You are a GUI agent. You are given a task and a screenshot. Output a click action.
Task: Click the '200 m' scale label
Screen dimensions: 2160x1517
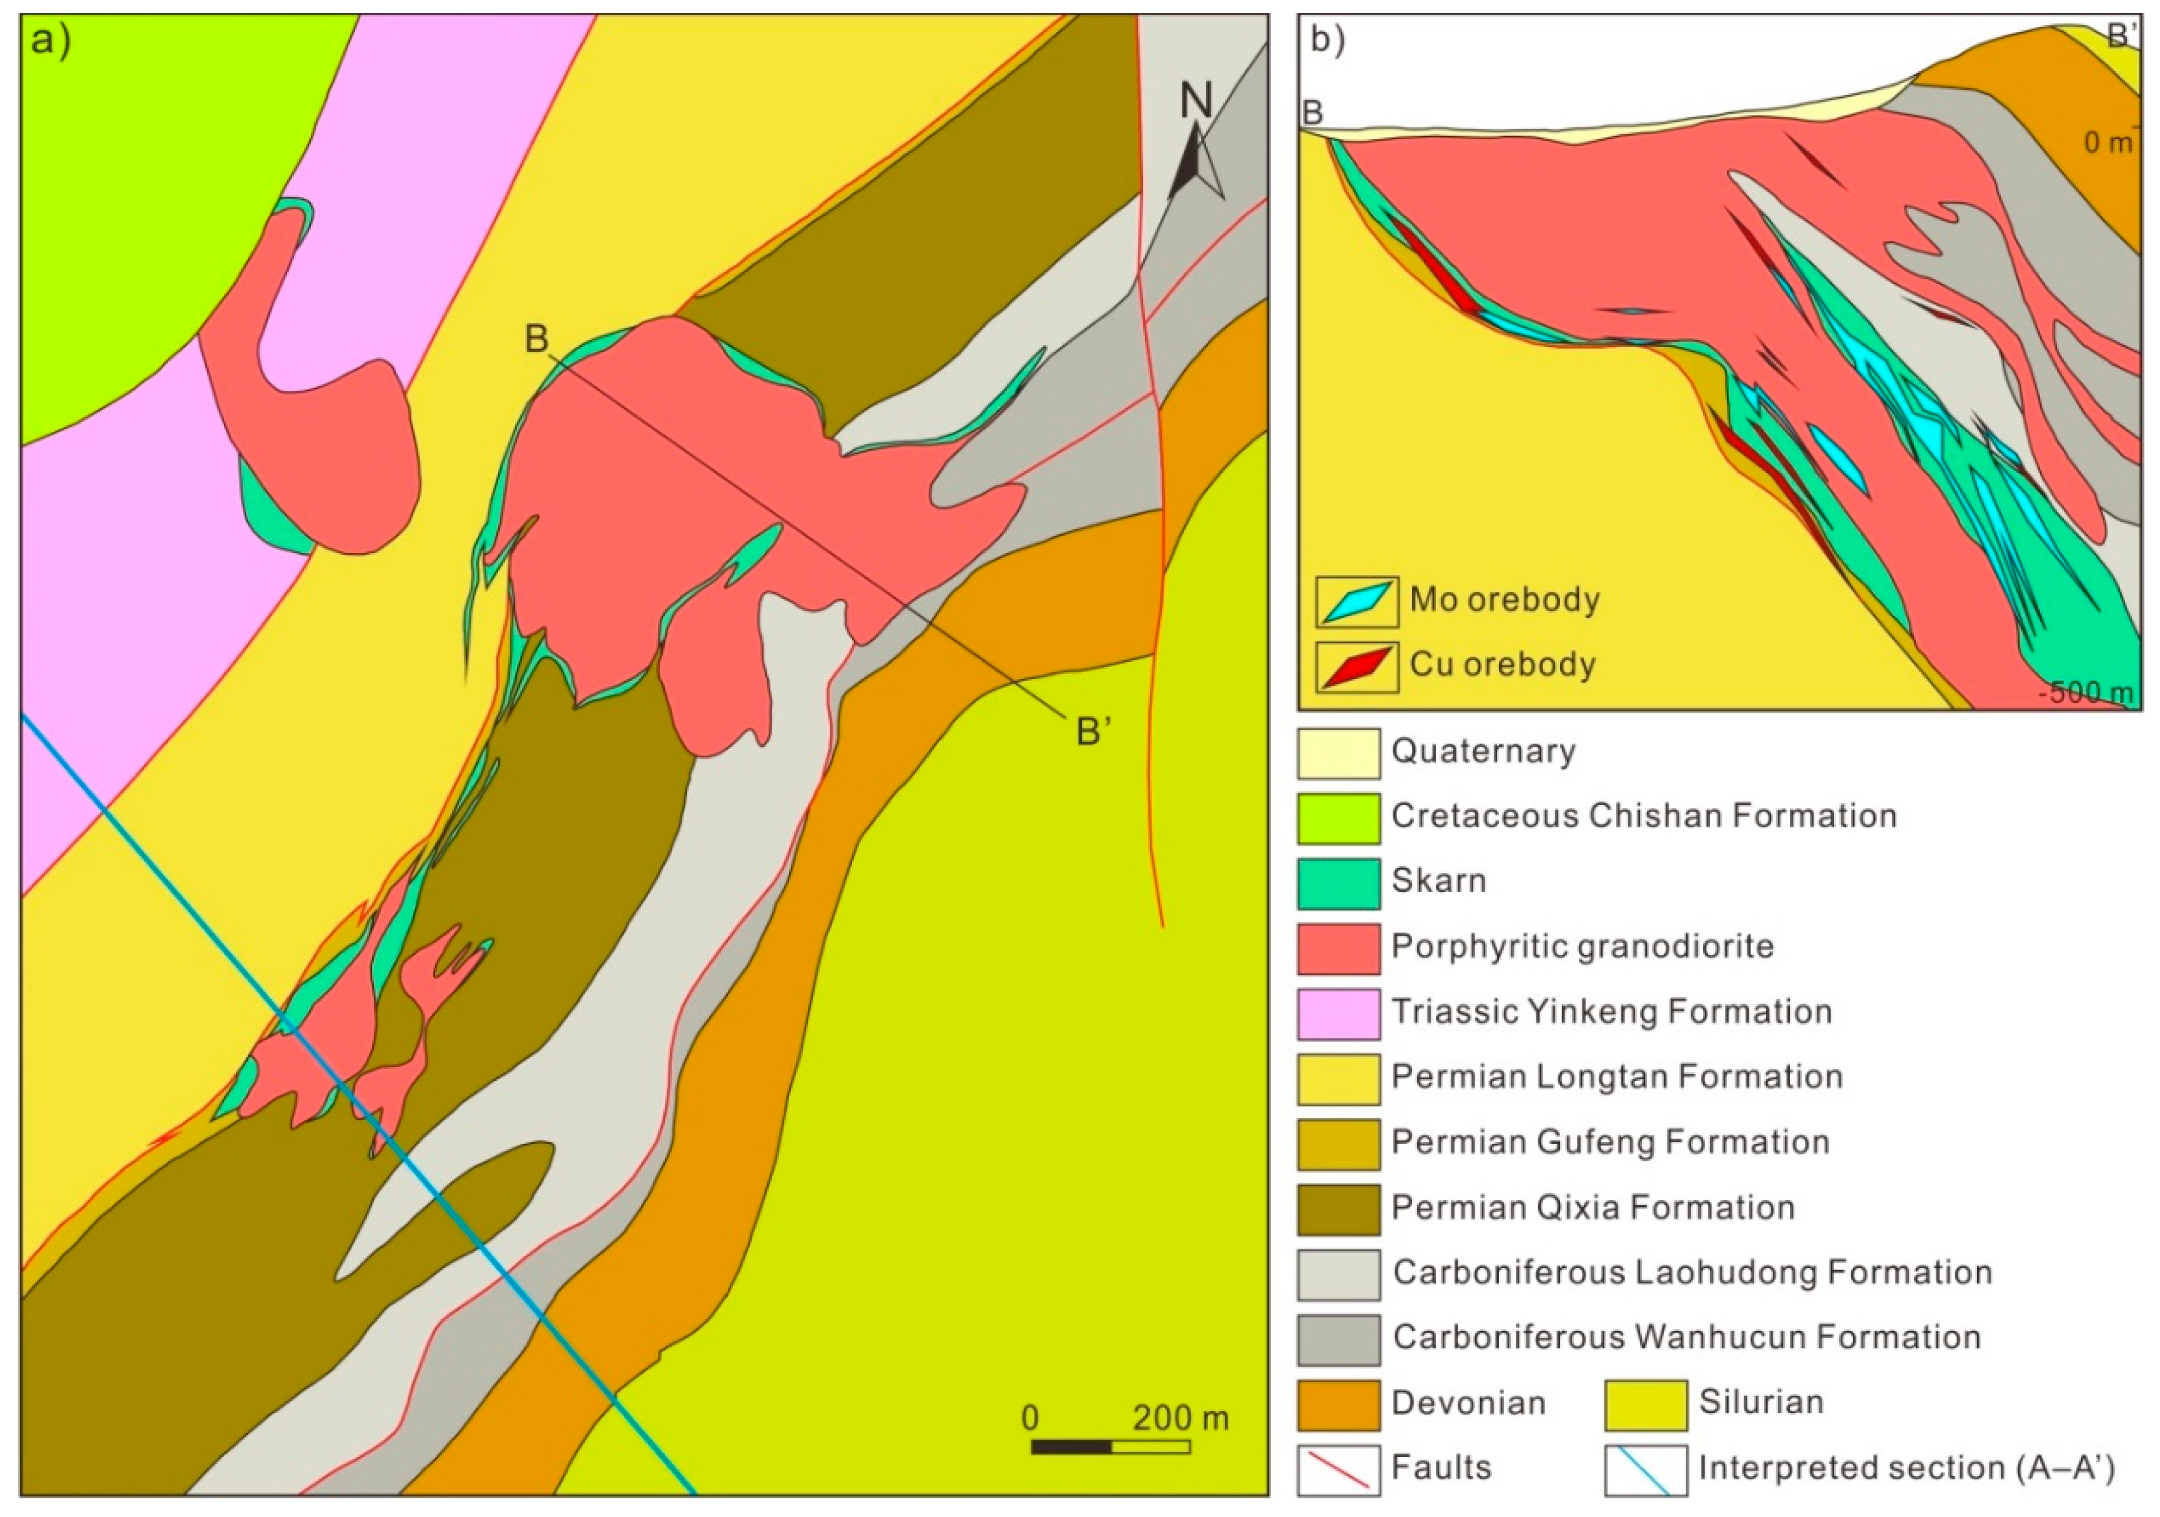1180,1417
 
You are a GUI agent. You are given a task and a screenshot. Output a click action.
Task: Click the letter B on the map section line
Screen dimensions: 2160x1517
536,339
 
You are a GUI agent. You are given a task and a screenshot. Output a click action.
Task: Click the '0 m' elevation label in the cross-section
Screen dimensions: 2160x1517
2106,143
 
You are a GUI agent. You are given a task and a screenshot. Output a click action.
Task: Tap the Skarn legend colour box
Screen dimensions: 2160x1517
1338,883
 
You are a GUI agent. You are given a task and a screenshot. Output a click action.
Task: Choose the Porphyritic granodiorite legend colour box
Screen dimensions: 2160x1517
1338,948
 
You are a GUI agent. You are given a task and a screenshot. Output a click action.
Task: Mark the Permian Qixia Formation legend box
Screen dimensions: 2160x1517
1338,1209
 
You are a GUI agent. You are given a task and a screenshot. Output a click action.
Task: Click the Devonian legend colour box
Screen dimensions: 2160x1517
1338,1404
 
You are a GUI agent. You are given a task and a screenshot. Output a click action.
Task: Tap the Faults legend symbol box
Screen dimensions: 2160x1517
1338,1469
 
